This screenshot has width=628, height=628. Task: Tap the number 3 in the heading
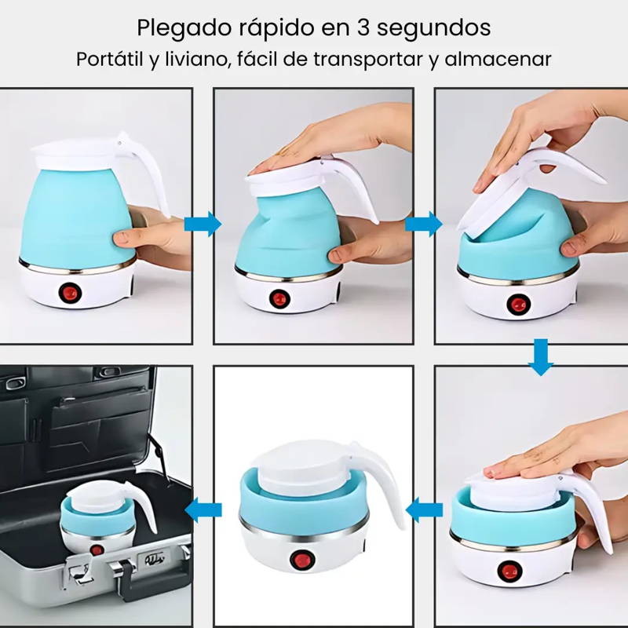pyautogui.click(x=363, y=27)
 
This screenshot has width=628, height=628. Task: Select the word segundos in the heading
pyautogui.click(x=434, y=29)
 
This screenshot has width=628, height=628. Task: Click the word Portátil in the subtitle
pyautogui.click(x=110, y=60)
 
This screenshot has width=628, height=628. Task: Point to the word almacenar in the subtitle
pyautogui.click(x=498, y=60)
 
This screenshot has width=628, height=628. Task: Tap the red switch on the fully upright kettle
pyautogui.click(x=71, y=293)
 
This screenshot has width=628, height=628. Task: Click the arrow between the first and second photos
pyautogui.click(x=203, y=224)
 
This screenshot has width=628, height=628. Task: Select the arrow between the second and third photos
pyautogui.click(x=424, y=224)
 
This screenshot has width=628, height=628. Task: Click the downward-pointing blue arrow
pyautogui.click(x=541, y=357)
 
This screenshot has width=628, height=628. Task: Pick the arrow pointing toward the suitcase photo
pyautogui.click(x=203, y=509)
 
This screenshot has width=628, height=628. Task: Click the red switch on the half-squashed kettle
pyautogui.click(x=279, y=298)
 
